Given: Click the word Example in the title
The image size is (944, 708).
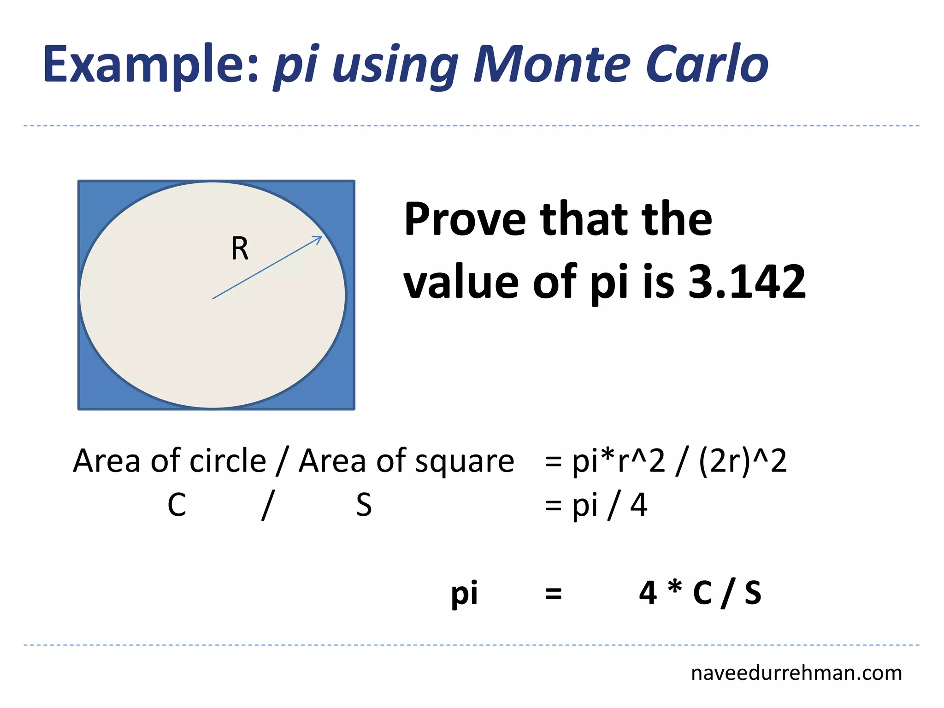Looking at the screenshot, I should click(x=150, y=65).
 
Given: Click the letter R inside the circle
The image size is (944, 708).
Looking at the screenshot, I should click(x=240, y=249).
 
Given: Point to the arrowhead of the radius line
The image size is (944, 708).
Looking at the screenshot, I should click(x=319, y=238).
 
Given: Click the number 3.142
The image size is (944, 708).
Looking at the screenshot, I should click(x=747, y=282).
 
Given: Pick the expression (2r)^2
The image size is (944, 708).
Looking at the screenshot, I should click(x=743, y=461).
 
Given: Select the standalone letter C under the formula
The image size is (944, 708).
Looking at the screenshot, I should click(x=177, y=505).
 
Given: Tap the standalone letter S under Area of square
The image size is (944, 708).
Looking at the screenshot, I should click(x=364, y=505).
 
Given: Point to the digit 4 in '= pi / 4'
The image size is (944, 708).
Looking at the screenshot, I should click(x=638, y=505).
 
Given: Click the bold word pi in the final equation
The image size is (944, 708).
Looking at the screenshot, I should click(x=464, y=594).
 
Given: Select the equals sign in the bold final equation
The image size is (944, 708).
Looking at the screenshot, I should click(x=553, y=594).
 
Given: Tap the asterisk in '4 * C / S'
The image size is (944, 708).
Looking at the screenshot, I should click(x=675, y=589).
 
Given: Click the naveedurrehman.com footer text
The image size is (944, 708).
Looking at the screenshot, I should click(x=796, y=673).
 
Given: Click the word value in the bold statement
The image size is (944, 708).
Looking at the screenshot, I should click(x=461, y=282).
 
